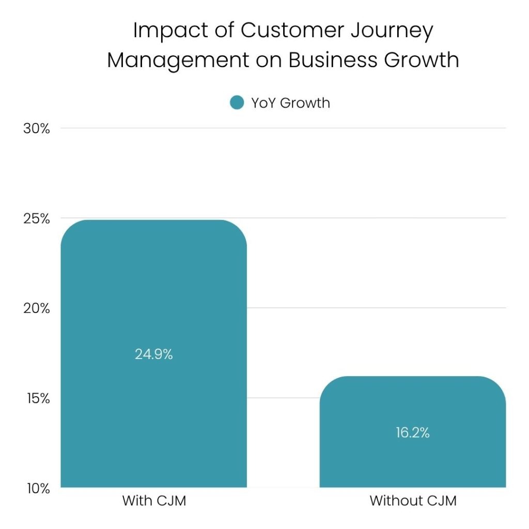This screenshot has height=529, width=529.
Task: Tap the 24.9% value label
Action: tap(154, 354)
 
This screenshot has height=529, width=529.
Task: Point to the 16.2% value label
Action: tap(413, 432)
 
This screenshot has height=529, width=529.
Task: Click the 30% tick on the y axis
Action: tap(37, 128)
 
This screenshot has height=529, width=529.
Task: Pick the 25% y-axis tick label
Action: tap(37, 219)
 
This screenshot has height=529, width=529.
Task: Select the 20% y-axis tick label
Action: tap(37, 308)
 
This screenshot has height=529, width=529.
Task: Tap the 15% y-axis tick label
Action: tap(37, 398)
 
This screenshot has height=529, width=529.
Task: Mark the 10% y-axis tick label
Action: tap(37, 488)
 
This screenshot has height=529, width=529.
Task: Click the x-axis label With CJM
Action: tap(154, 501)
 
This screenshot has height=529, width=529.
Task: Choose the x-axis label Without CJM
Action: tap(413, 501)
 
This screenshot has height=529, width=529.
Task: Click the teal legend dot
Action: tap(237, 103)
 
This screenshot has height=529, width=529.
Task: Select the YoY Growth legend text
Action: tap(290, 103)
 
